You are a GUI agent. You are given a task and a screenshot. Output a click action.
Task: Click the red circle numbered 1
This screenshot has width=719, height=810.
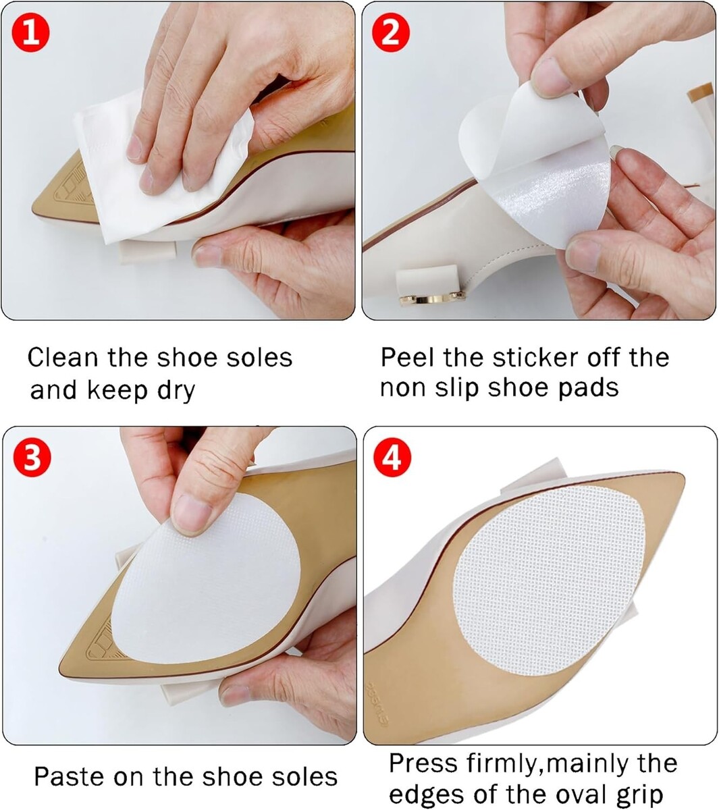pyautogui.click(x=31, y=34)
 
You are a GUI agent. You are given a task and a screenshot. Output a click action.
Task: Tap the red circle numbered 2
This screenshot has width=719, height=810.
pyautogui.click(x=391, y=34)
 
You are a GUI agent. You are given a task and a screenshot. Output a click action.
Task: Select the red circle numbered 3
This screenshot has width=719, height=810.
pyautogui.click(x=32, y=458)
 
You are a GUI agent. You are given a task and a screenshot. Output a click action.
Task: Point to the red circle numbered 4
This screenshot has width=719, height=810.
pyautogui.click(x=392, y=458)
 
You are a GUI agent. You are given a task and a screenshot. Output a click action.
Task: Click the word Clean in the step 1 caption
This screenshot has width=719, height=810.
pyautogui.click(x=63, y=357)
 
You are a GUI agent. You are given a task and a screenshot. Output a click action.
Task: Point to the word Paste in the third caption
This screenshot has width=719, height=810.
pyautogui.click(x=70, y=776)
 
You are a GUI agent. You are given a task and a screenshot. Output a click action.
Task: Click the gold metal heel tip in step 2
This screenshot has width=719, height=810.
pyautogui.click(x=432, y=298)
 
